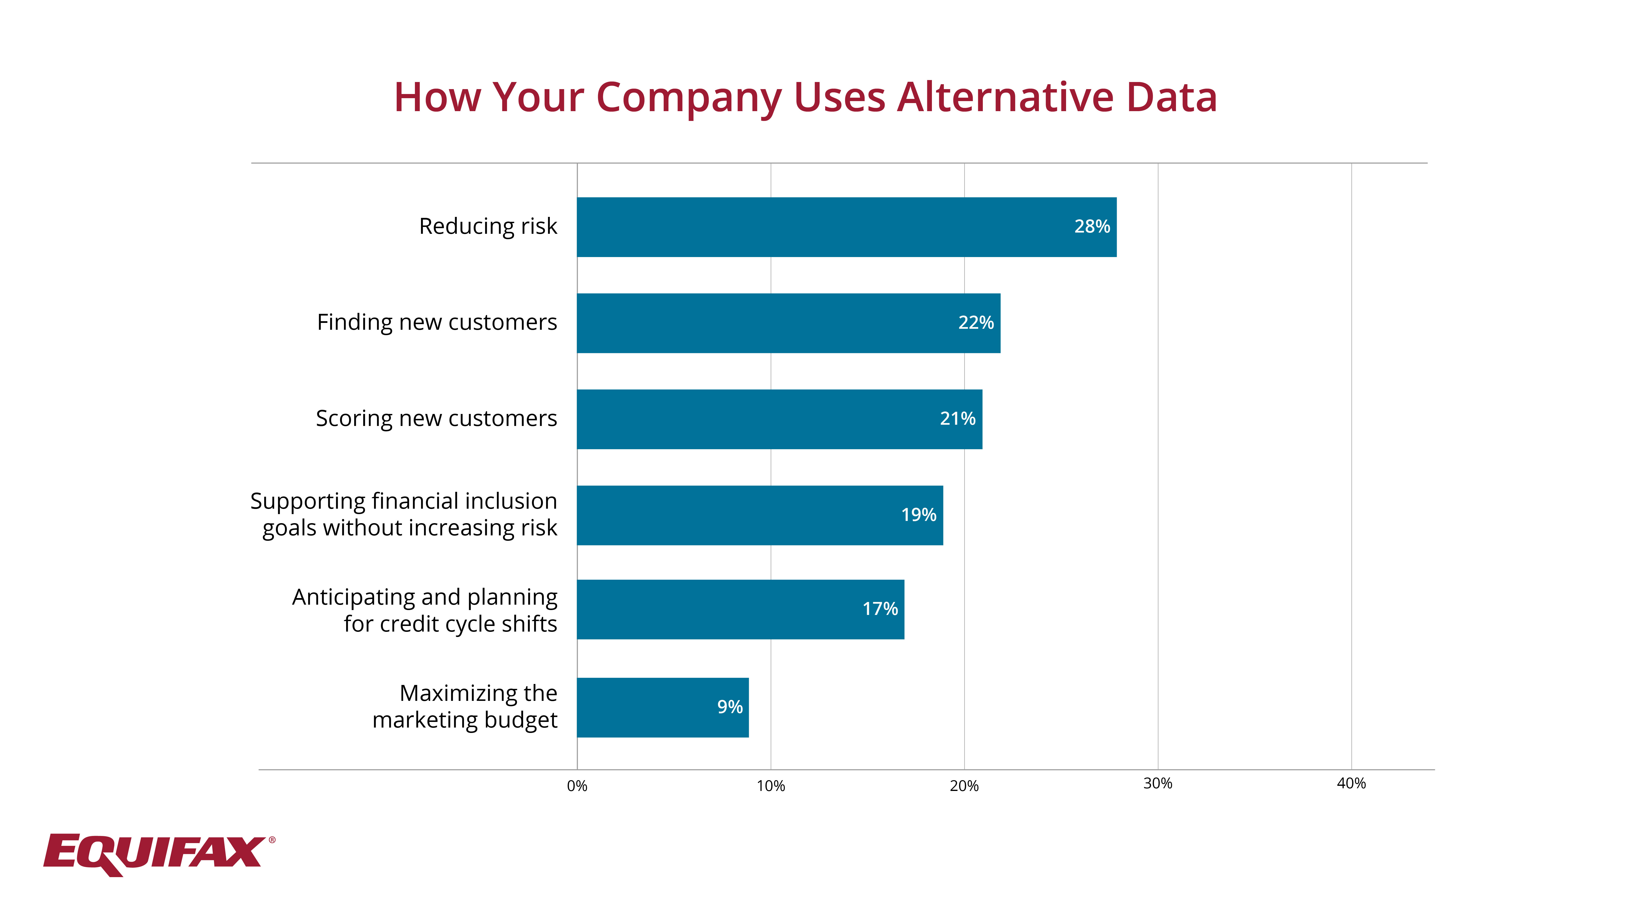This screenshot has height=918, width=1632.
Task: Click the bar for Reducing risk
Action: (846, 227)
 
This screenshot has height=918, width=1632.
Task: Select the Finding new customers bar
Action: (788, 323)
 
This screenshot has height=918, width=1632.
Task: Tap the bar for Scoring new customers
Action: (779, 419)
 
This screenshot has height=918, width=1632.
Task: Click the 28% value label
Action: (1092, 227)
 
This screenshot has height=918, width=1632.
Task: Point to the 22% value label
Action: (976, 323)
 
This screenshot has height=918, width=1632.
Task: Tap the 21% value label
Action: (957, 419)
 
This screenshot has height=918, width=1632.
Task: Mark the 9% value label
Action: (730, 707)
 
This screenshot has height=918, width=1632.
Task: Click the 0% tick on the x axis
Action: (577, 786)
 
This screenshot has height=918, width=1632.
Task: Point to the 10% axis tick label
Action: (770, 786)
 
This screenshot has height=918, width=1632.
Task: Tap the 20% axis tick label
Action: (964, 786)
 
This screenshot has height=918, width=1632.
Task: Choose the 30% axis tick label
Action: (1157, 784)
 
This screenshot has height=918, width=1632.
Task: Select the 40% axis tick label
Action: (1351, 784)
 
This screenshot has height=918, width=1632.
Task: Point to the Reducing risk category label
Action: (488, 226)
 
